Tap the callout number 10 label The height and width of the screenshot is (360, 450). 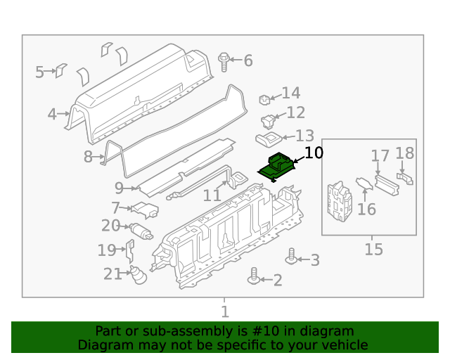pyautogui.click(x=313, y=152)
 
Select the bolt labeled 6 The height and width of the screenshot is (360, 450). pyautogui.click(x=224, y=61)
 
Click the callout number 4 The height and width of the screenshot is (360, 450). pyautogui.click(x=52, y=114)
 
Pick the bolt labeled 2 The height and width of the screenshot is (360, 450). pyautogui.click(x=253, y=279)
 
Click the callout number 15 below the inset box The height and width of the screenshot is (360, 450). pyautogui.click(x=373, y=249)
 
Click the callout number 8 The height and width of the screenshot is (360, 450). pyautogui.click(x=88, y=157)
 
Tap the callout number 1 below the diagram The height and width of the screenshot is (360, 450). pyautogui.click(x=224, y=311)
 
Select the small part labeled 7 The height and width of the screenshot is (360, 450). pyautogui.click(x=146, y=209)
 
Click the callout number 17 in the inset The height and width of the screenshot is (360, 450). pyautogui.click(x=380, y=155)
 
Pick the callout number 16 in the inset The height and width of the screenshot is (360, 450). pyautogui.click(x=366, y=209)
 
